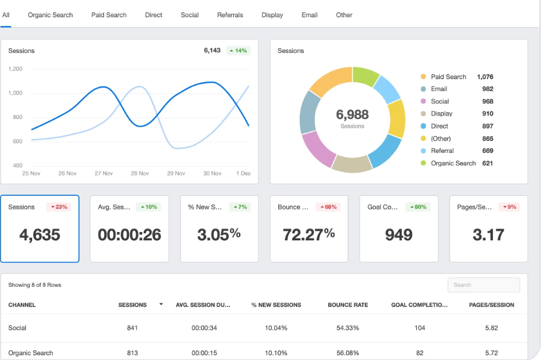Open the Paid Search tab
tap(109, 15)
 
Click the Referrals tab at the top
tap(230, 15)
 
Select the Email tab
tap(309, 15)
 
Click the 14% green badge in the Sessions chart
tap(238, 51)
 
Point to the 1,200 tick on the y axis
tap(15, 69)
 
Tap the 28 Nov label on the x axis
tap(140, 173)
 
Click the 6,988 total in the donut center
tap(352, 115)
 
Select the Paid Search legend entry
tap(448, 77)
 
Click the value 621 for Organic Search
tap(487, 163)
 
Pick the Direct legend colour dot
tap(423, 126)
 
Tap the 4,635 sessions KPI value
tap(40, 234)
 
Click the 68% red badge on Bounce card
tap(328, 207)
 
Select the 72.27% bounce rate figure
tap(309, 234)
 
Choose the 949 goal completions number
tap(398, 234)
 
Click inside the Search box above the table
tap(483, 285)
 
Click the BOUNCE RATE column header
tap(348, 305)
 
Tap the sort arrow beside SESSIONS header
tap(161, 305)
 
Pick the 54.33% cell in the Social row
tap(348, 328)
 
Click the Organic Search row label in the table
tap(31, 353)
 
